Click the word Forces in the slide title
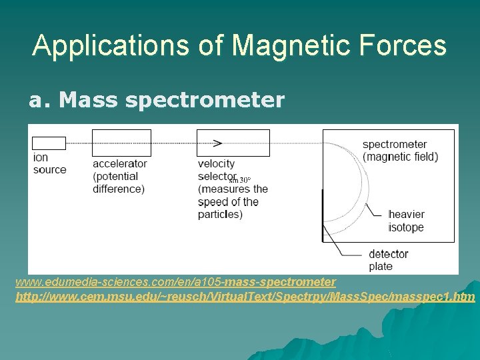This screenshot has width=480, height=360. pyautogui.click(x=407, y=45)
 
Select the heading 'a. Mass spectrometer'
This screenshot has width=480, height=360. pyautogui.click(x=156, y=101)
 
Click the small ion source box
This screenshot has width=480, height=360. pyautogui.click(x=49, y=143)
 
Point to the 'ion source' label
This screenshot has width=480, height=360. pyautogui.click(x=49, y=163)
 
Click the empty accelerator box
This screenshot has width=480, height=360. pyautogui.click(x=121, y=143)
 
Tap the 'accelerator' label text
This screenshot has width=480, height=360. pyautogui.click(x=120, y=164)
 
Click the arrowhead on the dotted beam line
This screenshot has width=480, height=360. pyautogui.click(x=217, y=143)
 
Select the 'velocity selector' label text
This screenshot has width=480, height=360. pyautogui.click(x=217, y=170)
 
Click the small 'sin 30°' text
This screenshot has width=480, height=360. pyautogui.click(x=240, y=179)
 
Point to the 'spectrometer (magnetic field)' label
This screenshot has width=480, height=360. pyautogui.click(x=400, y=151)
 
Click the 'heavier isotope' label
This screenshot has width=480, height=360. pyautogui.click(x=406, y=221)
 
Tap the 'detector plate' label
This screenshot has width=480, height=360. pyautogui.click(x=388, y=260)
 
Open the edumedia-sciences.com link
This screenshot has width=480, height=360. pyautogui.click(x=176, y=282)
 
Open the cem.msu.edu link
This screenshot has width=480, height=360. pyautogui.click(x=245, y=295)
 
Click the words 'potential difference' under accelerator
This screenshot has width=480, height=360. pyautogui.click(x=119, y=183)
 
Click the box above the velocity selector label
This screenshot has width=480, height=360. pyautogui.click(x=233, y=143)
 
